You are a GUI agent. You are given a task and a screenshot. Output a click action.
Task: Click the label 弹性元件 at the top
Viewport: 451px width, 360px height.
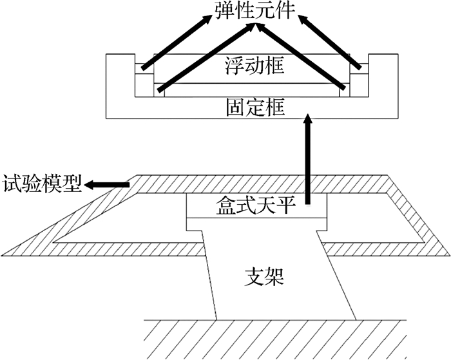click(255, 10)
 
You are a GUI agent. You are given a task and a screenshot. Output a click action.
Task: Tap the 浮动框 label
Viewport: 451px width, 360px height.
click(254, 66)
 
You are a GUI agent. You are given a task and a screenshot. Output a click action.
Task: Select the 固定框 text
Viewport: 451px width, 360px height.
click(255, 108)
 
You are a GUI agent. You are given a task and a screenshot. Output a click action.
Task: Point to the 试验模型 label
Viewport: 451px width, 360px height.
click(42, 184)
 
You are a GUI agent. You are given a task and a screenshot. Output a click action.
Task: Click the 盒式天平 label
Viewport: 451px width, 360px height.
click(256, 205)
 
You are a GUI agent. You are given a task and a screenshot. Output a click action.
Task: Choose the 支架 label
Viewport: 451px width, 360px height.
click(264, 277)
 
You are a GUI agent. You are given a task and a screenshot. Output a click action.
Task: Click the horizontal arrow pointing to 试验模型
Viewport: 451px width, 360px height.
click(106, 185)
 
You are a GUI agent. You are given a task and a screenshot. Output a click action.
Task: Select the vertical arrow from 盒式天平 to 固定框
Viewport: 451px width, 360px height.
click(308, 159)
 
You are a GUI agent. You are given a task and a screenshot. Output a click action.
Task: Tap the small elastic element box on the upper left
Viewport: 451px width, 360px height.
click(144, 69)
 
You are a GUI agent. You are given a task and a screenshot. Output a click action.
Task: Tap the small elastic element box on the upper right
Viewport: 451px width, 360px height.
click(360, 69)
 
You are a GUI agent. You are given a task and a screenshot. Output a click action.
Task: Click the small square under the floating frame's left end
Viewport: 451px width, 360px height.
click(159, 90)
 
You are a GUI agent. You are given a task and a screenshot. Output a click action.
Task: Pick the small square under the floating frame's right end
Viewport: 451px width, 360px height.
click(345, 90)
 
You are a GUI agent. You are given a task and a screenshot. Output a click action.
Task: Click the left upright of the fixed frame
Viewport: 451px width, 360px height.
click(120, 75)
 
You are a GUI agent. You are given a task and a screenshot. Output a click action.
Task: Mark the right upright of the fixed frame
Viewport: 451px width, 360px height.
click(383, 75)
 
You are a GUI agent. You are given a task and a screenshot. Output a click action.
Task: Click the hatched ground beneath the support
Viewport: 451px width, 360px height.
click(274, 339)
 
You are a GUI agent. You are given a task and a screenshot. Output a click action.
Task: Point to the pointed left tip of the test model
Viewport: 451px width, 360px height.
click(3, 255)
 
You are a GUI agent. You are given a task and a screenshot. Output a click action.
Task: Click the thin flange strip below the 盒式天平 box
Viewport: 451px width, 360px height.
click(256, 224)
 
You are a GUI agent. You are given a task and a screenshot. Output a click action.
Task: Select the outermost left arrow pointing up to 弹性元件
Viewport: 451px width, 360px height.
click(177, 42)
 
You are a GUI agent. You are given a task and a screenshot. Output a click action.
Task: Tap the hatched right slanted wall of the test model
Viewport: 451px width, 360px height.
click(419, 218)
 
